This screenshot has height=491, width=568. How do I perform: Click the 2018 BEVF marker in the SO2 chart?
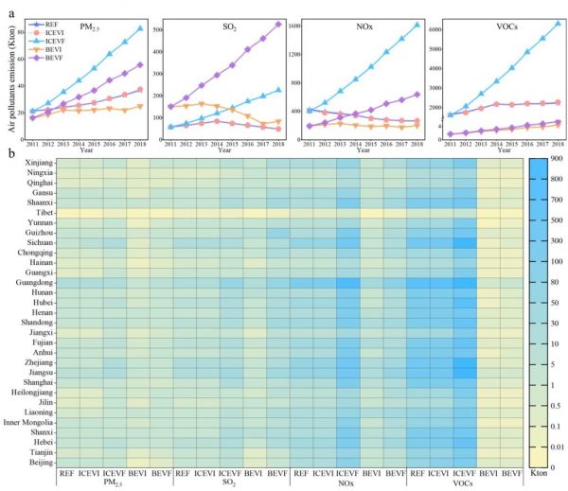click(x=278, y=25)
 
